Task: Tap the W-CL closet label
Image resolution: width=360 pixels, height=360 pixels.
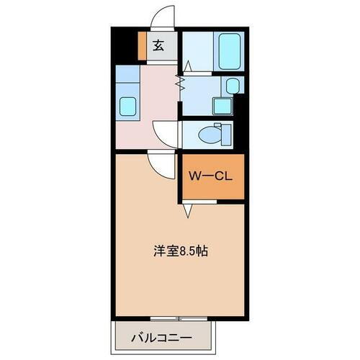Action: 208,175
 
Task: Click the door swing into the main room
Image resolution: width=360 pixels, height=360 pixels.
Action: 163,166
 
